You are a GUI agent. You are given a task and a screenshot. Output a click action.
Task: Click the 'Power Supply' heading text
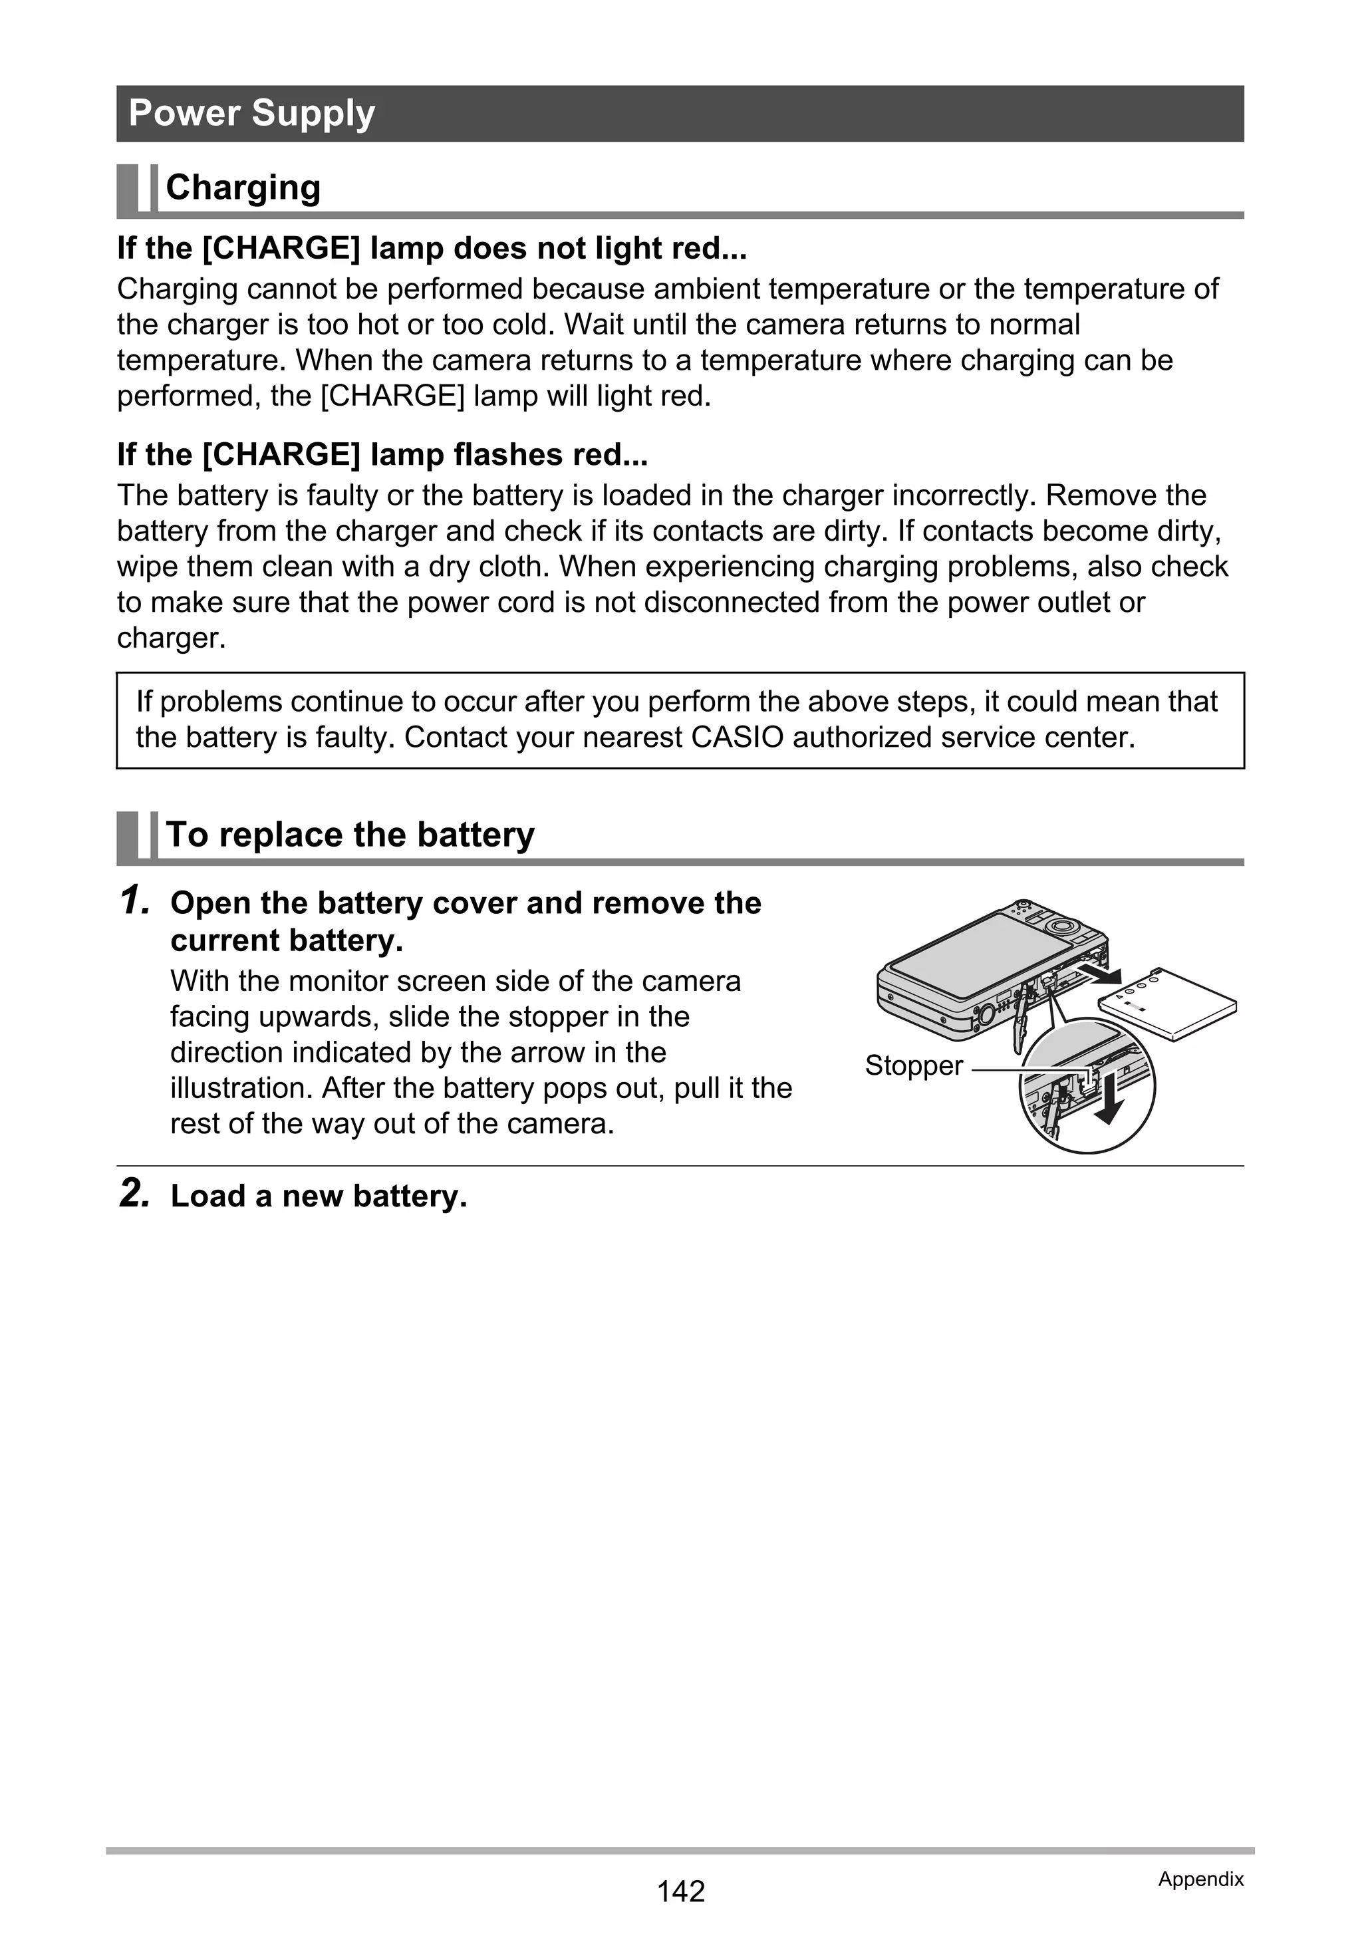click(x=251, y=113)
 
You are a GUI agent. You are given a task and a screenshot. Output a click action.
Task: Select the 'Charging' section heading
click(x=243, y=187)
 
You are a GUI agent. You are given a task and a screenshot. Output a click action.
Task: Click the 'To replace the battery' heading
click(x=350, y=835)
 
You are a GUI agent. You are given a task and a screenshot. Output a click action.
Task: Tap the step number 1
click(x=135, y=901)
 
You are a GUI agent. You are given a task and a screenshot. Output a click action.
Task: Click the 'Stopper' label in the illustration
click(x=913, y=1066)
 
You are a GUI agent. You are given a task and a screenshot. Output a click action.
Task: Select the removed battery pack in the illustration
click(x=1168, y=1004)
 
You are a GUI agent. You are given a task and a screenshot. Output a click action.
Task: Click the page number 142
click(x=680, y=1891)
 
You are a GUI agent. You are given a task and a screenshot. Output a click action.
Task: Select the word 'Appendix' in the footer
click(x=1200, y=1879)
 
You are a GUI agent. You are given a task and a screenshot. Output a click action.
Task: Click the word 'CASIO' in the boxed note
click(x=737, y=738)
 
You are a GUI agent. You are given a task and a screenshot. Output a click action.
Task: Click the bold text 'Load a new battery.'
click(x=319, y=1196)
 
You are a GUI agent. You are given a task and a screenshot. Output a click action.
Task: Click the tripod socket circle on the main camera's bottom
click(x=984, y=1015)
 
